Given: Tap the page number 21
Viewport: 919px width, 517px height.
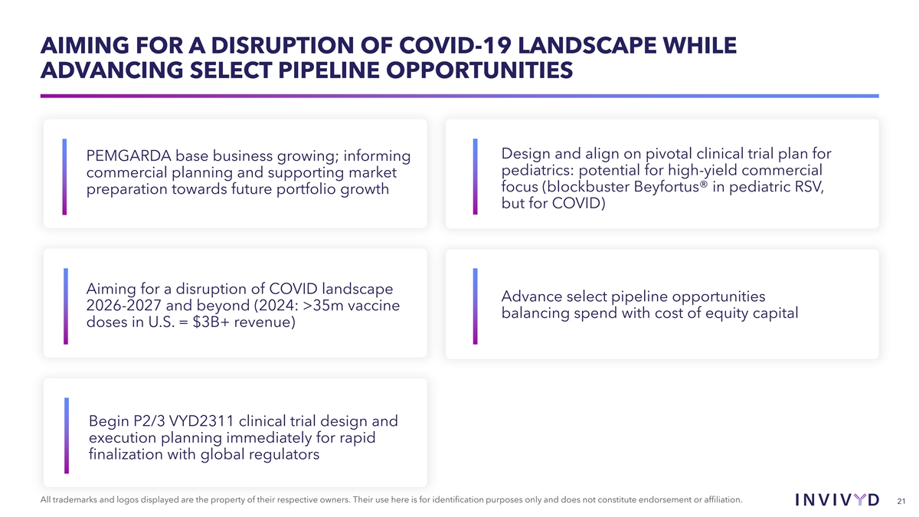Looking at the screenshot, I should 901,502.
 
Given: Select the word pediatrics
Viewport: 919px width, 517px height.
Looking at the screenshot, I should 538,170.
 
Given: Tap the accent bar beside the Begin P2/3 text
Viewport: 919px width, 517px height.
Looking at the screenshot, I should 67,436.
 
